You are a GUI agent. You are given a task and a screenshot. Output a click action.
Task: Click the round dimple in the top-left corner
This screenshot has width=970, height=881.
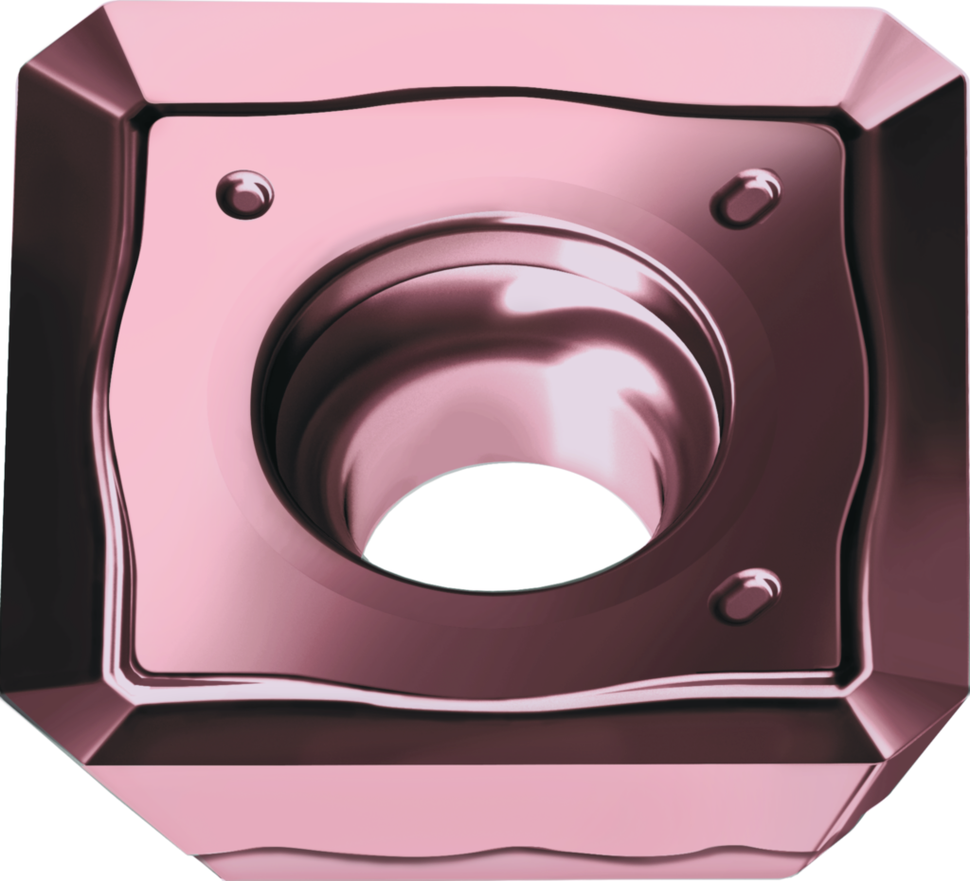(244, 193)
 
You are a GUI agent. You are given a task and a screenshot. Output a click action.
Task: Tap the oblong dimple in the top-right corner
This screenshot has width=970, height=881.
(746, 197)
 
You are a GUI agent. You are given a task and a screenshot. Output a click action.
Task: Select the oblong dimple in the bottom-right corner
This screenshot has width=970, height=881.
(746, 595)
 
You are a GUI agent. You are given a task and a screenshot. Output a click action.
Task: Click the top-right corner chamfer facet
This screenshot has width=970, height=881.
(905, 71)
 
